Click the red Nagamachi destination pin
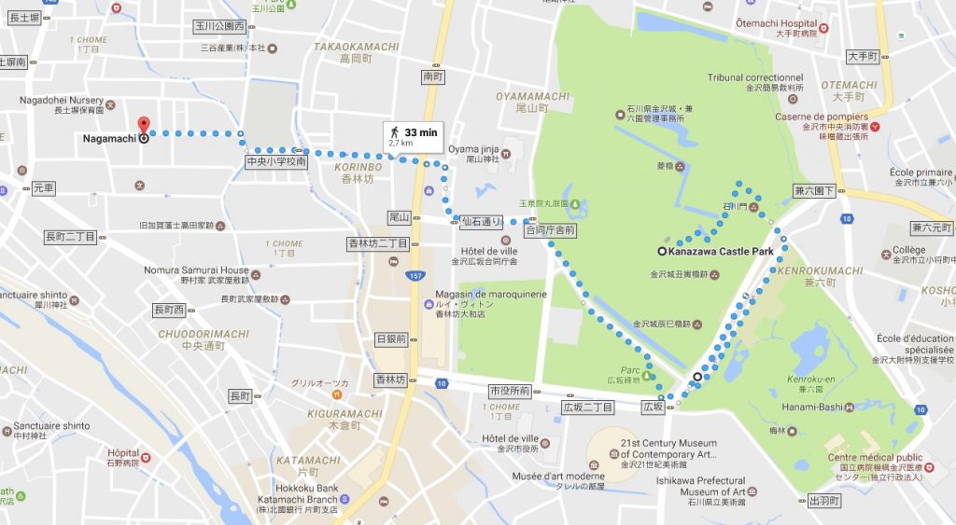tap(143, 127)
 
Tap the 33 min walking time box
tap(414, 136)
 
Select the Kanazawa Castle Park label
tap(722, 251)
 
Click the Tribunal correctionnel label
tap(754, 77)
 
